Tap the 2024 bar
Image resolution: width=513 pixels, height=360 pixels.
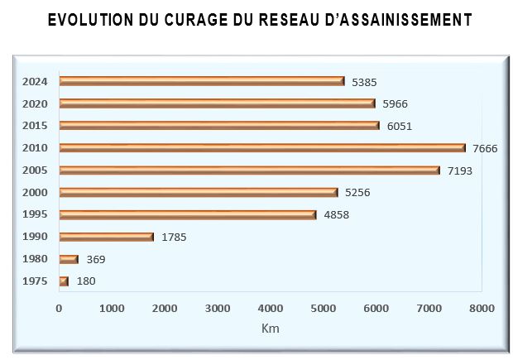click(x=202, y=81)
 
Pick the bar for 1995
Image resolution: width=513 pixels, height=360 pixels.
click(x=188, y=214)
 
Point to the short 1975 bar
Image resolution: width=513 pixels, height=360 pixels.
click(x=64, y=281)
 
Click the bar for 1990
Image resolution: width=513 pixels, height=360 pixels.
click(x=107, y=237)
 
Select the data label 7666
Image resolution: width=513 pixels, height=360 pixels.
click(x=486, y=148)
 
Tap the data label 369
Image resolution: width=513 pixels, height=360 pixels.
click(x=96, y=259)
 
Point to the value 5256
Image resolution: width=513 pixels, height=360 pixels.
click(x=357, y=192)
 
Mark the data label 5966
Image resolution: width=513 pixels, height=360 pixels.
click(x=395, y=103)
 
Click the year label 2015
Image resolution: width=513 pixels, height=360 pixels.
click(x=36, y=126)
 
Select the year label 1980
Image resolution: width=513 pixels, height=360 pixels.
click(x=36, y=259)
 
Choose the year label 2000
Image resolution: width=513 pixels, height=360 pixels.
click(x=36, y=192)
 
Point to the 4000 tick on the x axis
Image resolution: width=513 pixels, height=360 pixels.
click(x=271, y=308)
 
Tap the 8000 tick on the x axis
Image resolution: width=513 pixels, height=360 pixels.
click(x=482, y=308)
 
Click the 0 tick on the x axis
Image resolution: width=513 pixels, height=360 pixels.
click(x=59, y=308)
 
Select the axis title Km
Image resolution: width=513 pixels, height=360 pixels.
click(x=271, y=329)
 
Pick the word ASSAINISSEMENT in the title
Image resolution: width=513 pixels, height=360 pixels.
click(x=398, y=19)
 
